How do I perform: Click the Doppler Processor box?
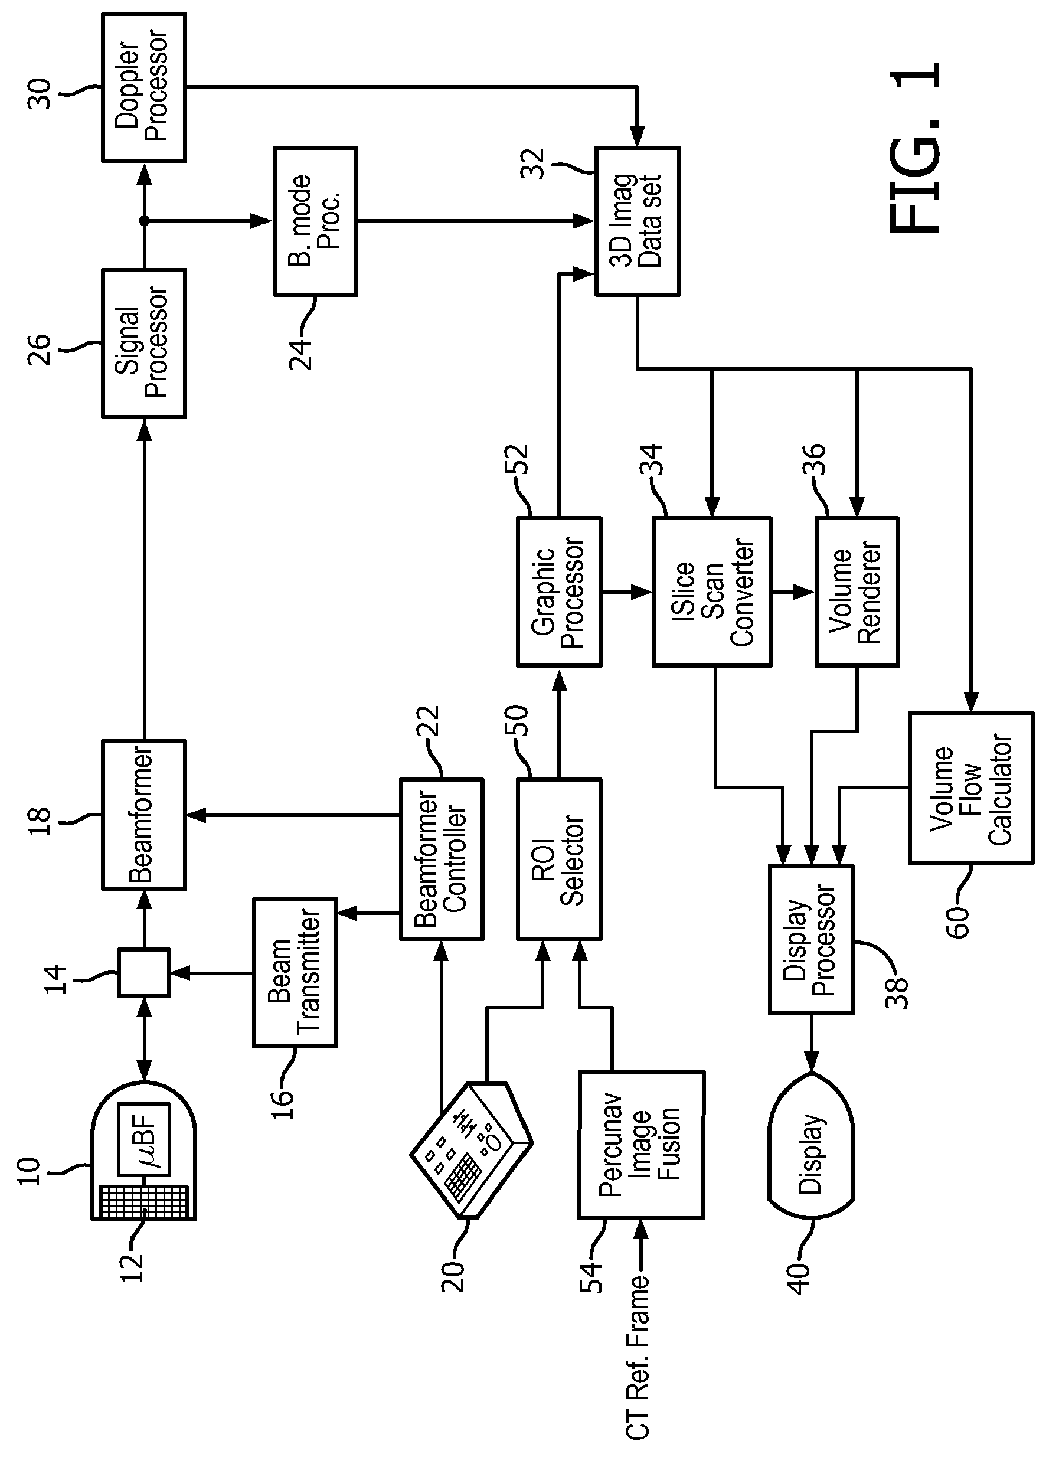click(x=143, y=87)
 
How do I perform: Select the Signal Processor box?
click(x=143, y=344)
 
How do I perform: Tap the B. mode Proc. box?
click(x=316, y=221)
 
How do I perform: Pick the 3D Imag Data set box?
click(x=638, y=221)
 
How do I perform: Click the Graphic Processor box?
click(x=559, y=592)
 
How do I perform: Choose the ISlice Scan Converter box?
click(x=712, y=592)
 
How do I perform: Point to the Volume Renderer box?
click(x=857, y=592)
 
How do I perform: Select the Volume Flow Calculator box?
click(x=971, y=787)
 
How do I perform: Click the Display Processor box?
click(x=812, y=939)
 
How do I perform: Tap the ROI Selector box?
click(x=559, y=859)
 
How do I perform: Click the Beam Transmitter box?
click(x=295, y=972)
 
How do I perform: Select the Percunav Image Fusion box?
click(x=642, y=1145)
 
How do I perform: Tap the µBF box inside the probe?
click(x=144, y=1139)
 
